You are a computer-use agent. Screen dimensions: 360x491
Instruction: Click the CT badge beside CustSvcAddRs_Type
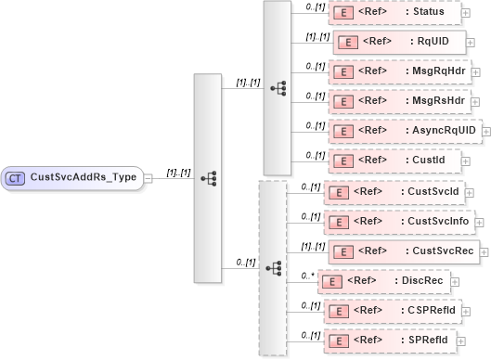(16, 176)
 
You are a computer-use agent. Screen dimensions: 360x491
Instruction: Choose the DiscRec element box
(385, 279)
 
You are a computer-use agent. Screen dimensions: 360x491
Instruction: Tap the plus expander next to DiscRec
(455, 280)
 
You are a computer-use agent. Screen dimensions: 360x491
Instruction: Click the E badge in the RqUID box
(346, 43)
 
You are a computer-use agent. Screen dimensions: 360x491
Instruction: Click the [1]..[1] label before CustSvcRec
(304, 245)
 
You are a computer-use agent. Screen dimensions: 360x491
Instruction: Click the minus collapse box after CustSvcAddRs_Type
(149, 177)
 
